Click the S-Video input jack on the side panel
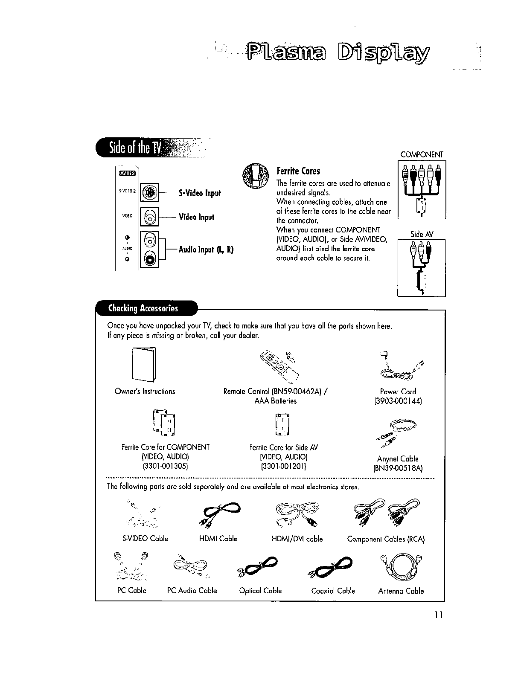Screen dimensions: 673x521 coord(149,192)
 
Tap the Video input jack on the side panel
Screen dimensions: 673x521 coord(149,217)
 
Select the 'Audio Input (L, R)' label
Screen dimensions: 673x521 coord(206,249)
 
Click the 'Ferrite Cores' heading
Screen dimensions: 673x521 coord(298,171)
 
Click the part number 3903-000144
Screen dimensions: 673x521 coord(398,401)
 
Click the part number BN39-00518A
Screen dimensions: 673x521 coord(398,468)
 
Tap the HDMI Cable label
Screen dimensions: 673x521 coord(218,539)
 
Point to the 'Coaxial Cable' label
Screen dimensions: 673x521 coord(333,591)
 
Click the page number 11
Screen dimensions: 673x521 coord(439,615)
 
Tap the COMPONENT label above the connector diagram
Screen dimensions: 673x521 coord(422,154)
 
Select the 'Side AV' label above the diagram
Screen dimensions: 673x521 coord(422,234)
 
